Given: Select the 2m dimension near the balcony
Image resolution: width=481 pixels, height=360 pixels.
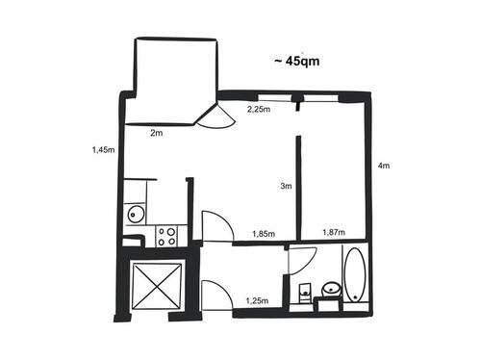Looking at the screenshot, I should tap(157, 134).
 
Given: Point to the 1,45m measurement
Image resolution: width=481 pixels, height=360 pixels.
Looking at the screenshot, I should tap(102, 150).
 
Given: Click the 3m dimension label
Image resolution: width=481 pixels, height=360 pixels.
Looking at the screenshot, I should tap(285, 187).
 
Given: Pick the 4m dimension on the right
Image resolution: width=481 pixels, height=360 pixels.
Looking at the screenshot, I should tap(384, 167).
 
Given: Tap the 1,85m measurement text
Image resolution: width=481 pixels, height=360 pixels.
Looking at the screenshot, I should tap(263, 234).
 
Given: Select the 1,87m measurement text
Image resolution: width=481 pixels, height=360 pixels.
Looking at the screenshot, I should tap(334, 232).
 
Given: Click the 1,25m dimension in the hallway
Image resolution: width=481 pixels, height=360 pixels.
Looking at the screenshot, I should tap(257, 301).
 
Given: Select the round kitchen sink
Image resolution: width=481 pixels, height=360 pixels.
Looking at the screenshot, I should tap(136, 214).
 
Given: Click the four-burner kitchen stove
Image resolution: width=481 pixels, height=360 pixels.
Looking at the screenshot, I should tap(166, 235).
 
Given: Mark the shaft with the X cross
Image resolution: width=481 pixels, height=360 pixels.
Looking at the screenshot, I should tap(158, 285).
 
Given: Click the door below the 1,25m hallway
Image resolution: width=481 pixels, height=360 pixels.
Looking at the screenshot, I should tap(217, 295).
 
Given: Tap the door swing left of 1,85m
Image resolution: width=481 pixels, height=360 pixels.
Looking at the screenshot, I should tap(216, 227).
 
